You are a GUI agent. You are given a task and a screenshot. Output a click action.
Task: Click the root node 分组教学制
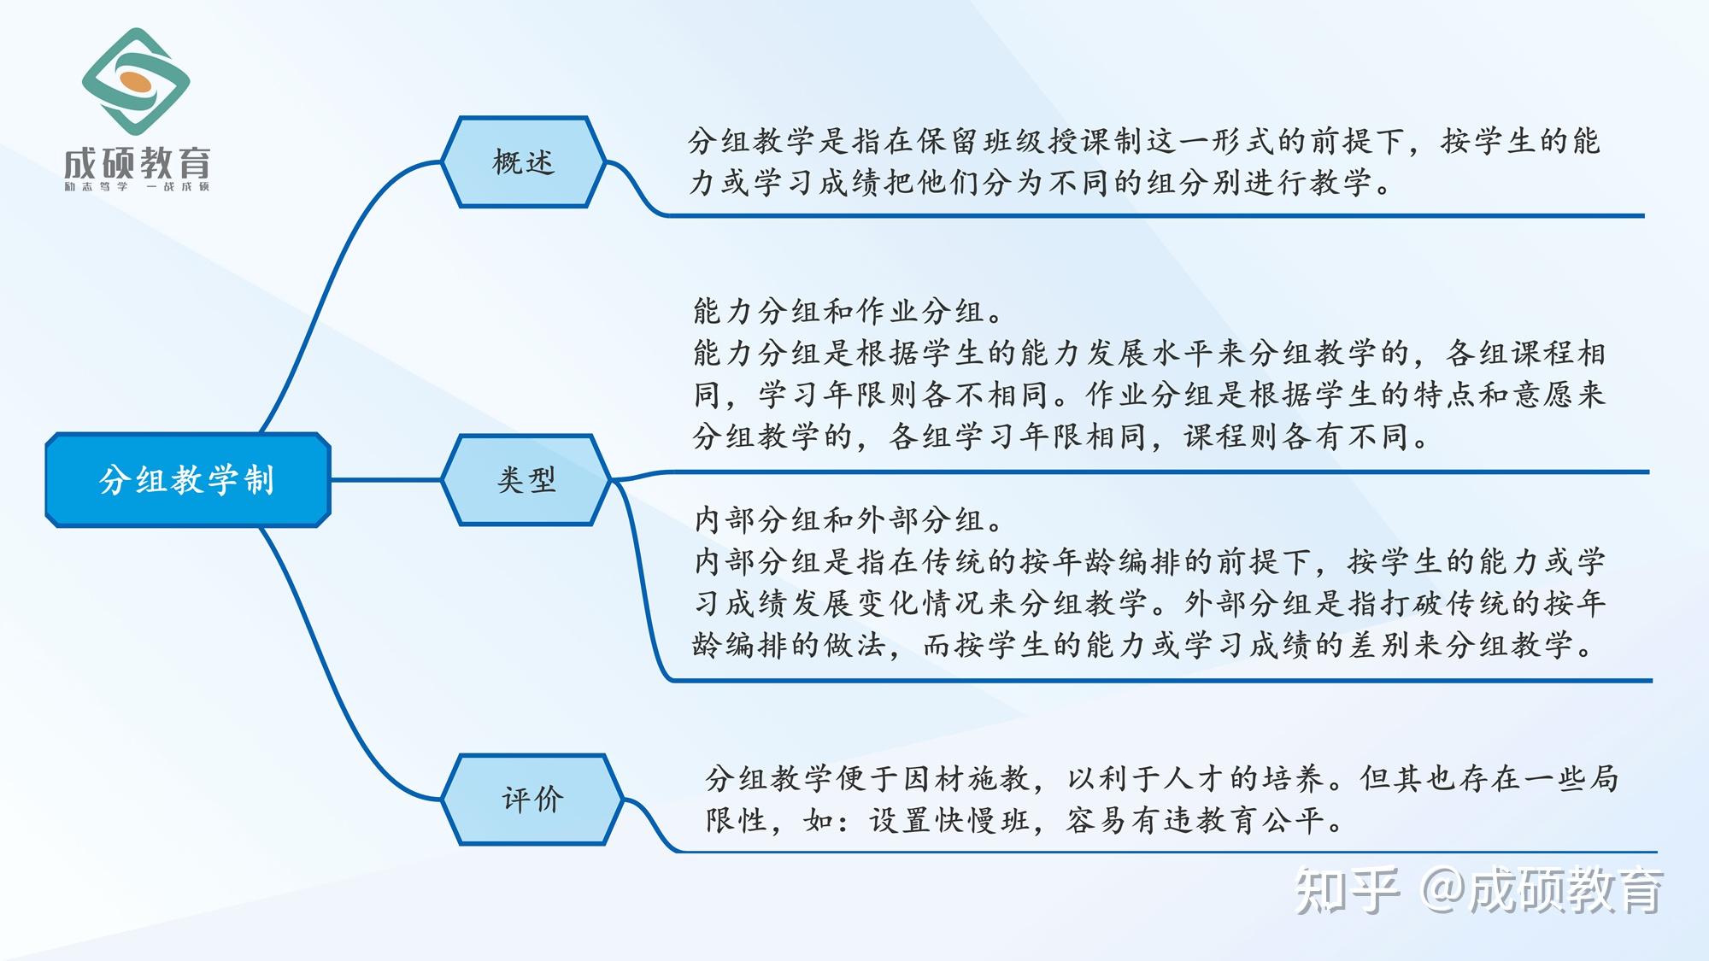pyautogui.click(x=188, y=480)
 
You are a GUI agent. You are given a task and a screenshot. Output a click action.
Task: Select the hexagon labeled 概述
pyautogui.click(x=524, y=161)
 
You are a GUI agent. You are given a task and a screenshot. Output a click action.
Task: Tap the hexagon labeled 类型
pyautogui.click(x=526, y=480)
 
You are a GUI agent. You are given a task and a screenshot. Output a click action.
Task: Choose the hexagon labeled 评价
pyautogui.click(x=532, y=800)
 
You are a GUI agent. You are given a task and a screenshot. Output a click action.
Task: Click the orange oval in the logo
pyautogui.click(x=137, y=83)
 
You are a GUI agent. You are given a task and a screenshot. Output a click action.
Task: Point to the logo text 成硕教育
pyautogui.click(x=137, y=161)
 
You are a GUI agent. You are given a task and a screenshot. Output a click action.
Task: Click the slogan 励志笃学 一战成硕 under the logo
pyautogui.click(x=137, y=186)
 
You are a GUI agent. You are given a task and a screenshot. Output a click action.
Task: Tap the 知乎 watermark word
pyautogui.click(x=1348, y=890)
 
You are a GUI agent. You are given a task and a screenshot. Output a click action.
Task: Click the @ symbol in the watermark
pyautogui.click(x=1443, y=890)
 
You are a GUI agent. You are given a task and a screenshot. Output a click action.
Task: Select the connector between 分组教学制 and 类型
pyautogui.click(x=386, y=480)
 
